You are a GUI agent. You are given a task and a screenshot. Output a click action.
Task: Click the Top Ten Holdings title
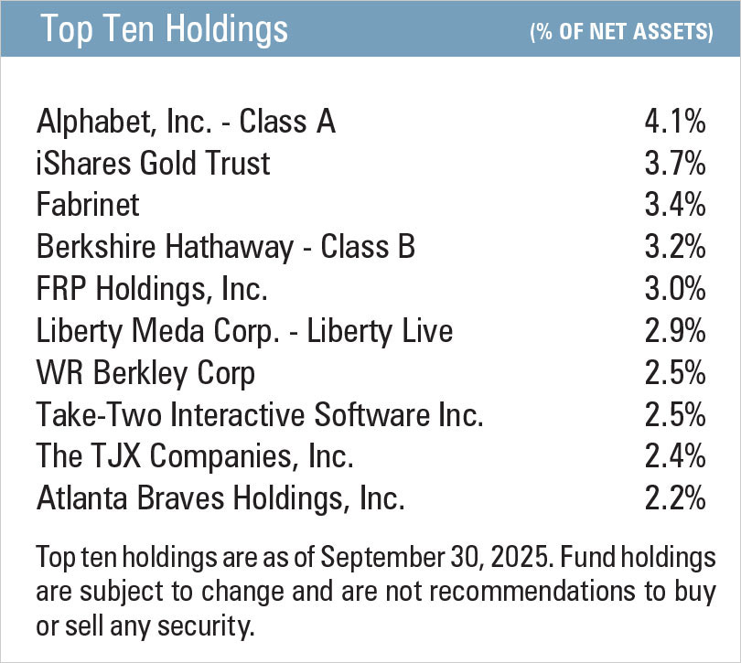point(165,29)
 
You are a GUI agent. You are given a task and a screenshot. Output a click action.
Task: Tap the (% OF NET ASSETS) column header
point(621,33)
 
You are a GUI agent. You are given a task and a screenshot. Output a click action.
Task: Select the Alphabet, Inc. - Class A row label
point(187,121)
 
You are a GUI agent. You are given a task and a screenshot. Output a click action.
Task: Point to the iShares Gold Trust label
point(154,163)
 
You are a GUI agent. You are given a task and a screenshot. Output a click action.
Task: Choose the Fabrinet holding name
point(88,205)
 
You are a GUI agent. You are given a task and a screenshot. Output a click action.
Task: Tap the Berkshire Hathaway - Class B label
point(226,247)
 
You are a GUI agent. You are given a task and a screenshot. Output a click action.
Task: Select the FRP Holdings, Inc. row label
point(152,289)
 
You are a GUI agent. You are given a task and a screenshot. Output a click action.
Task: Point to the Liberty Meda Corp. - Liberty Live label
point(244,331)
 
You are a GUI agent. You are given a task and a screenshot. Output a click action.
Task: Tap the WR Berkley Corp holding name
point(145,373)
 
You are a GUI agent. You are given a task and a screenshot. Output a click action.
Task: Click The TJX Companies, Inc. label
point(195,457)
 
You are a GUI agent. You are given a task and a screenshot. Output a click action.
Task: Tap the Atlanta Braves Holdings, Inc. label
point(220,499)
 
